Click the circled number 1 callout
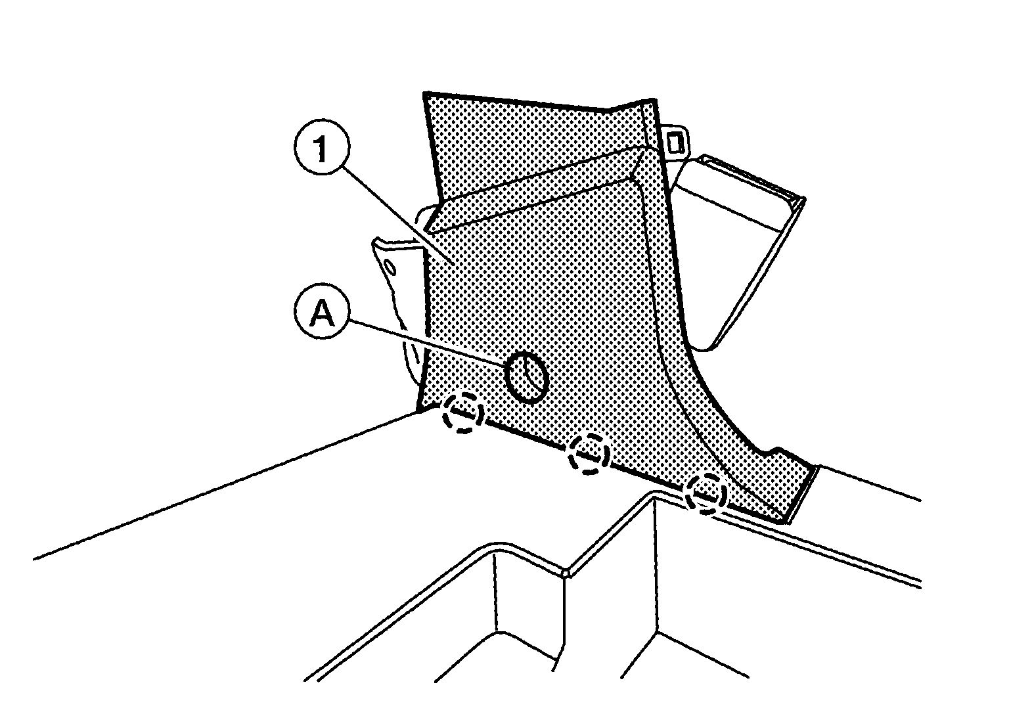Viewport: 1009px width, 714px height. click(322, 147)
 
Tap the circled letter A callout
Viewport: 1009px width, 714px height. click(322, 311)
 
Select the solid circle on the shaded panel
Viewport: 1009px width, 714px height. click(526, 376)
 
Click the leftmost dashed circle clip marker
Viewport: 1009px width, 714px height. click(463, 413)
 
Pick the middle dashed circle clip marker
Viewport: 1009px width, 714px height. click(589, 453)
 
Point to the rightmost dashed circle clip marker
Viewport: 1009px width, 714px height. click(706, 494)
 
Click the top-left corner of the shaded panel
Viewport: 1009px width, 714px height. click(424, 93)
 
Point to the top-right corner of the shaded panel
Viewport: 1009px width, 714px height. click(654, 100)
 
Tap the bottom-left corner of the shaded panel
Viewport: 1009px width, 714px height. click(418, 411)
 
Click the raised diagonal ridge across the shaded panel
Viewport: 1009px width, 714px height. click(536, 189)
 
